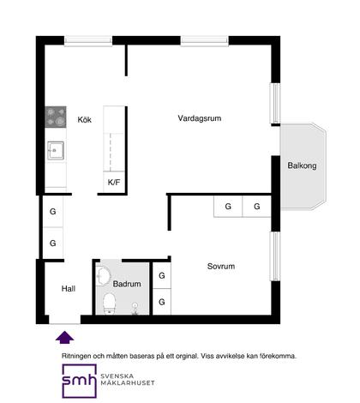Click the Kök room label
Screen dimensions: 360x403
(85, 119)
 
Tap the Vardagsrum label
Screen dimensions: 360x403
(200, 118)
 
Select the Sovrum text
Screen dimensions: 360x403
(221, 267)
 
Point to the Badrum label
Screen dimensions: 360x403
(127, 284)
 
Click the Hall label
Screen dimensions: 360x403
(69, 289)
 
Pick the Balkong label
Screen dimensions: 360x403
(302, 165)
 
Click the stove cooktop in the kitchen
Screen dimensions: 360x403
(56, 117)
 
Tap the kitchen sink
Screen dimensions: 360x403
(56, 150)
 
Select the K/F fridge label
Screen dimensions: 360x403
(114, 182)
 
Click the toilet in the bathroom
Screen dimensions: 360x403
(109, 304)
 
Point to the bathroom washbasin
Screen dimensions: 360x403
(103, 276)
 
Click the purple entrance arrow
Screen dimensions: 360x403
(65, 337)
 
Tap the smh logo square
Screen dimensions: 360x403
(80, 381)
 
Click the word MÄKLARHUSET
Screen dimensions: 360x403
(128, 383)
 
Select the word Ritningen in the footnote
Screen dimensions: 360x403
(76, 357)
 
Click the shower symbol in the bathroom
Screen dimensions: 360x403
(135, 309)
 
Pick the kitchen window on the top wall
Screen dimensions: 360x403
(88, 40)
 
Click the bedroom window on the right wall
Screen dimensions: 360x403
(275, 256)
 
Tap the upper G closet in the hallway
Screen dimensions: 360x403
(53, 212)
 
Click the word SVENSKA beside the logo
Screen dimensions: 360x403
(117, 376)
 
